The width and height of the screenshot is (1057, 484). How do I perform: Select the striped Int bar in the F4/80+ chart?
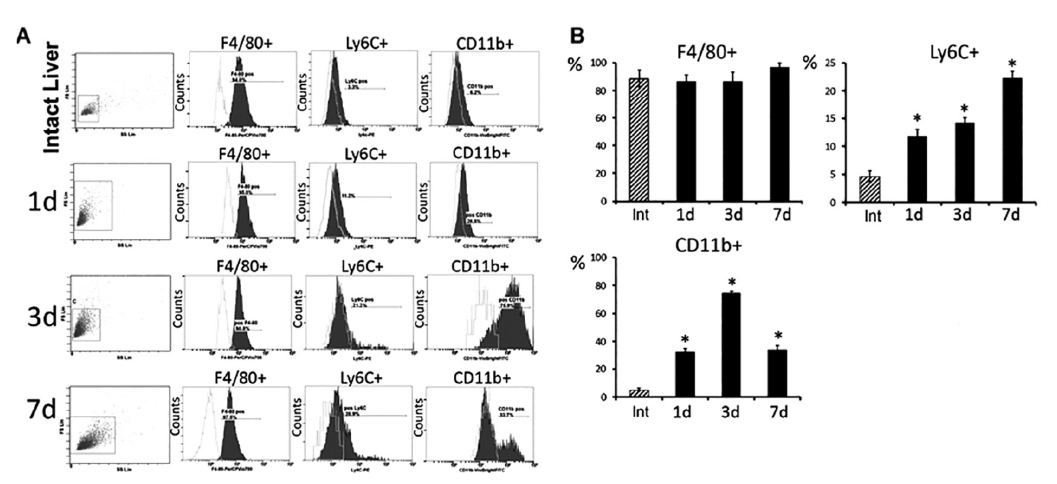[x=639, y=140]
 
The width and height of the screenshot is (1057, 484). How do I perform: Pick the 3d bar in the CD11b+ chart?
[x=729, y=345]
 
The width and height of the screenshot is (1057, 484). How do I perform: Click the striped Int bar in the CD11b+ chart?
[x=639, y=393]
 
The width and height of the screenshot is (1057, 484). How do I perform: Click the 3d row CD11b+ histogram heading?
[x=479, y=266]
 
